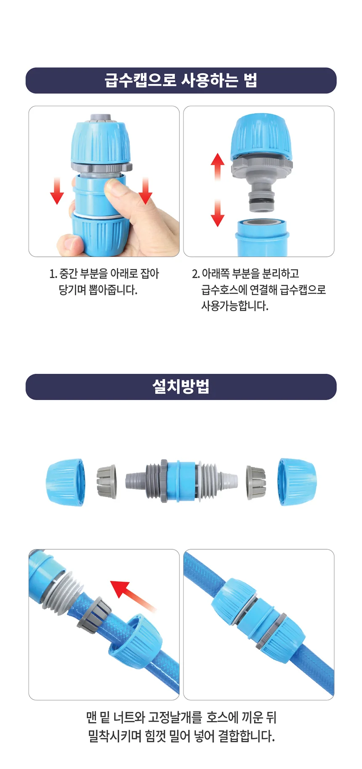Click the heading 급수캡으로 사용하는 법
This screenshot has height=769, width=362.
[x=181, y=80]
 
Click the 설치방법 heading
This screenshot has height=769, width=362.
[x=181, y=386]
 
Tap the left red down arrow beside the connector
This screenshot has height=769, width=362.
[x=57, y=191]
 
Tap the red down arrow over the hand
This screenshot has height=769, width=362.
[x=145, y=191]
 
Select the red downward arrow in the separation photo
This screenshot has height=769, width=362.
[x=217, y=213]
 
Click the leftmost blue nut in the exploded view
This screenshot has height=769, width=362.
[x=66, y=482]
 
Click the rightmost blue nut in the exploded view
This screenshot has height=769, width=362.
[x=296, y=482]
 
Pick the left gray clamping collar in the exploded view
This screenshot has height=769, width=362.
[x=106, y=482]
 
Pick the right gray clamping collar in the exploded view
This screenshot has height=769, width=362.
[x=256, y=482]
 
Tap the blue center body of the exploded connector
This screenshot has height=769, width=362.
[x=181, y=482]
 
